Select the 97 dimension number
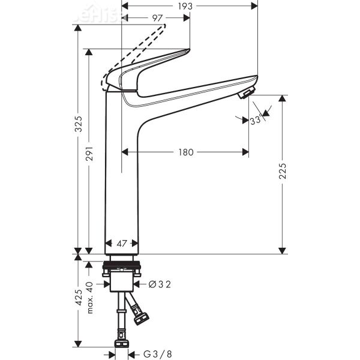coord(158,18)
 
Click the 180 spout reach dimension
coord(186,152)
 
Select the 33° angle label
coord(256,120)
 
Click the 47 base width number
coord(122,244)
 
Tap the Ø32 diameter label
coord(160,284)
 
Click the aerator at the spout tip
coord(246,94)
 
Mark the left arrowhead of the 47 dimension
coord(108,244)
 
